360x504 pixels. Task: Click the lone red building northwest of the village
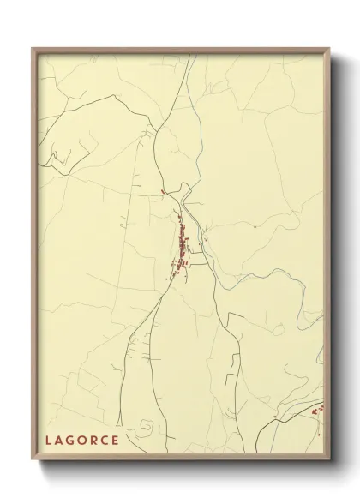(x=161, y=191)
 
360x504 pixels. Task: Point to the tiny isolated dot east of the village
(x=255, y=226)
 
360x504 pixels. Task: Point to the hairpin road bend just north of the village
(x=183, y=206)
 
